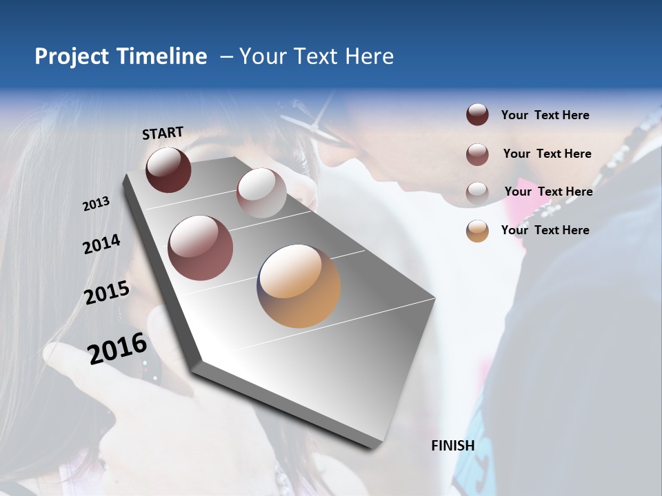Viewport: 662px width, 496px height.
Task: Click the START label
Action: [163, 133]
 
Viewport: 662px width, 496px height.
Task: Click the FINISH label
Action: [452, 446]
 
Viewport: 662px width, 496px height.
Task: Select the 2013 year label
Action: [96, 204]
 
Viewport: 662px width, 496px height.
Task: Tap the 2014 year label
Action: [101, 244]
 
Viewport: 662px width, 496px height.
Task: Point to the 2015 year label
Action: [107, 293]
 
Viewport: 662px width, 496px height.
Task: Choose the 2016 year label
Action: [117, 348]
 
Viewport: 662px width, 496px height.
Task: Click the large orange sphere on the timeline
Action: [299, 286]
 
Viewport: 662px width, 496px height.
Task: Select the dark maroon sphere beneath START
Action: [168, 169]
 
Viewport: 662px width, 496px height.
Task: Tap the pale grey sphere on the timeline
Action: [261, 193]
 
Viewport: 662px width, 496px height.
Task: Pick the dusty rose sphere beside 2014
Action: [200, 248]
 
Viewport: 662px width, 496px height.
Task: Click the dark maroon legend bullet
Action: [477, 115]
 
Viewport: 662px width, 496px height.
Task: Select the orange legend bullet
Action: [477, 231]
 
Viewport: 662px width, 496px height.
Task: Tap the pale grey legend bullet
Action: [477, 192]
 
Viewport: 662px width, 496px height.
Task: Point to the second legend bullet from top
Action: [477, 154]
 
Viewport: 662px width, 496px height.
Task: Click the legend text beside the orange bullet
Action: [545, 230]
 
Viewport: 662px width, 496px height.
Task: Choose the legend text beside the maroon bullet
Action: [545, 115]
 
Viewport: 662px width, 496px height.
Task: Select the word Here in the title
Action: [369, 56]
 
